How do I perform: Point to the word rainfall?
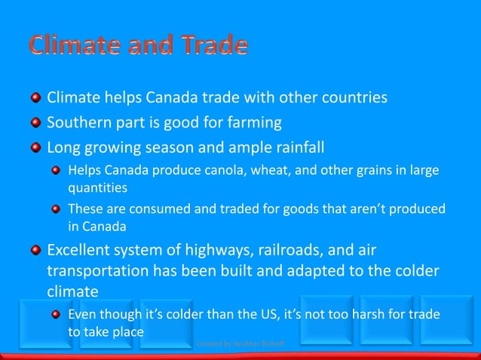293,145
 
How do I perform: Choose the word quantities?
97,187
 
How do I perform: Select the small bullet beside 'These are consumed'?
57,209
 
